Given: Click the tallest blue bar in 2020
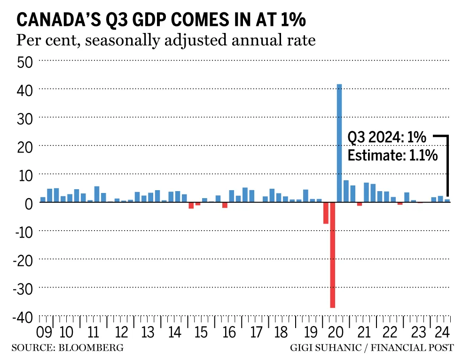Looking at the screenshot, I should coord(339,143).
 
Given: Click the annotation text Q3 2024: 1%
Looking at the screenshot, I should coord(386,138).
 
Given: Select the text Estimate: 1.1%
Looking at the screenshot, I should coord(392,155).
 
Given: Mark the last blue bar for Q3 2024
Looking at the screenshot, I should coord(447,201).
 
